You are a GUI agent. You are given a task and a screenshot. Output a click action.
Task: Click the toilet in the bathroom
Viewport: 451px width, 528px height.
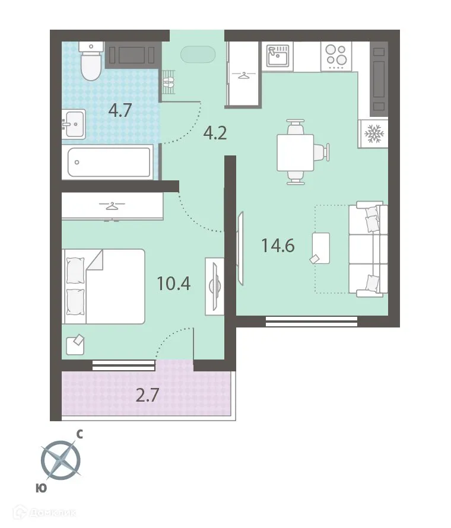(x=91, y=61)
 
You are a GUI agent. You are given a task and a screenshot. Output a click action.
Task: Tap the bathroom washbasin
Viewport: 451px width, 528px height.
(x=74, y=124)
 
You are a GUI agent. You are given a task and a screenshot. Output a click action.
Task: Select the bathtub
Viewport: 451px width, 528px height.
(x=109, y=163)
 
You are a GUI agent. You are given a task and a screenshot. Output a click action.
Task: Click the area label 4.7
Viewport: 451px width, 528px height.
(x=120, y=110)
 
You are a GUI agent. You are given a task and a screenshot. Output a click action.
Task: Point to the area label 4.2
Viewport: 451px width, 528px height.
(x=215, y=133)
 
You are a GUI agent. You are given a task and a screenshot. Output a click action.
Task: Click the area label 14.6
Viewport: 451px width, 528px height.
(x=278, y=245)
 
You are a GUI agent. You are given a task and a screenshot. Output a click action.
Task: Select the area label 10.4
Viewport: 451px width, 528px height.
(x=174, y=283)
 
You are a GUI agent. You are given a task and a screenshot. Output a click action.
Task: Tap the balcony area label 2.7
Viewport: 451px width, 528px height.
(x=147, y=395)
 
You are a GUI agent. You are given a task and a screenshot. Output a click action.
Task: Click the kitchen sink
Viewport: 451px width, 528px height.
(x=278, y=56)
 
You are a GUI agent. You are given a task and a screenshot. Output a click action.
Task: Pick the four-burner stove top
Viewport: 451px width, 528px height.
(x=336, y=56)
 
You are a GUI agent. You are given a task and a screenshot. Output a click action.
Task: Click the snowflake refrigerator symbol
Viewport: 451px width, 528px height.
(x=374, y=133)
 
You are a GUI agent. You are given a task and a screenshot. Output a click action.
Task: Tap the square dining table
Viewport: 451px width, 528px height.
(x=296, y=152)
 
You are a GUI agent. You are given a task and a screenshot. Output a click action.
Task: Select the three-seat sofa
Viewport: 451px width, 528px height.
(x=368, y=249)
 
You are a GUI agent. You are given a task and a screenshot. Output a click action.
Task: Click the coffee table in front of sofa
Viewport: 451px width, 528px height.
(x=320, y=248)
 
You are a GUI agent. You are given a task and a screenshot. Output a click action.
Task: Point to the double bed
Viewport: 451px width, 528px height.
(x=103, y=287)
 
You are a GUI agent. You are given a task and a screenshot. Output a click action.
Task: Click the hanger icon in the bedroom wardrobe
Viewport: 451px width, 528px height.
(x=112, y=206)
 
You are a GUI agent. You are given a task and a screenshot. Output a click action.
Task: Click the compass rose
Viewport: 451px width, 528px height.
(x=61, y=460)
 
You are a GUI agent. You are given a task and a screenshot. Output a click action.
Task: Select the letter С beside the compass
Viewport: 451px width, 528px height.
(x=80, y=435)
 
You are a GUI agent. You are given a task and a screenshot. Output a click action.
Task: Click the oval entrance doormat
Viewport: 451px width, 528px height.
(x=198, y=54)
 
